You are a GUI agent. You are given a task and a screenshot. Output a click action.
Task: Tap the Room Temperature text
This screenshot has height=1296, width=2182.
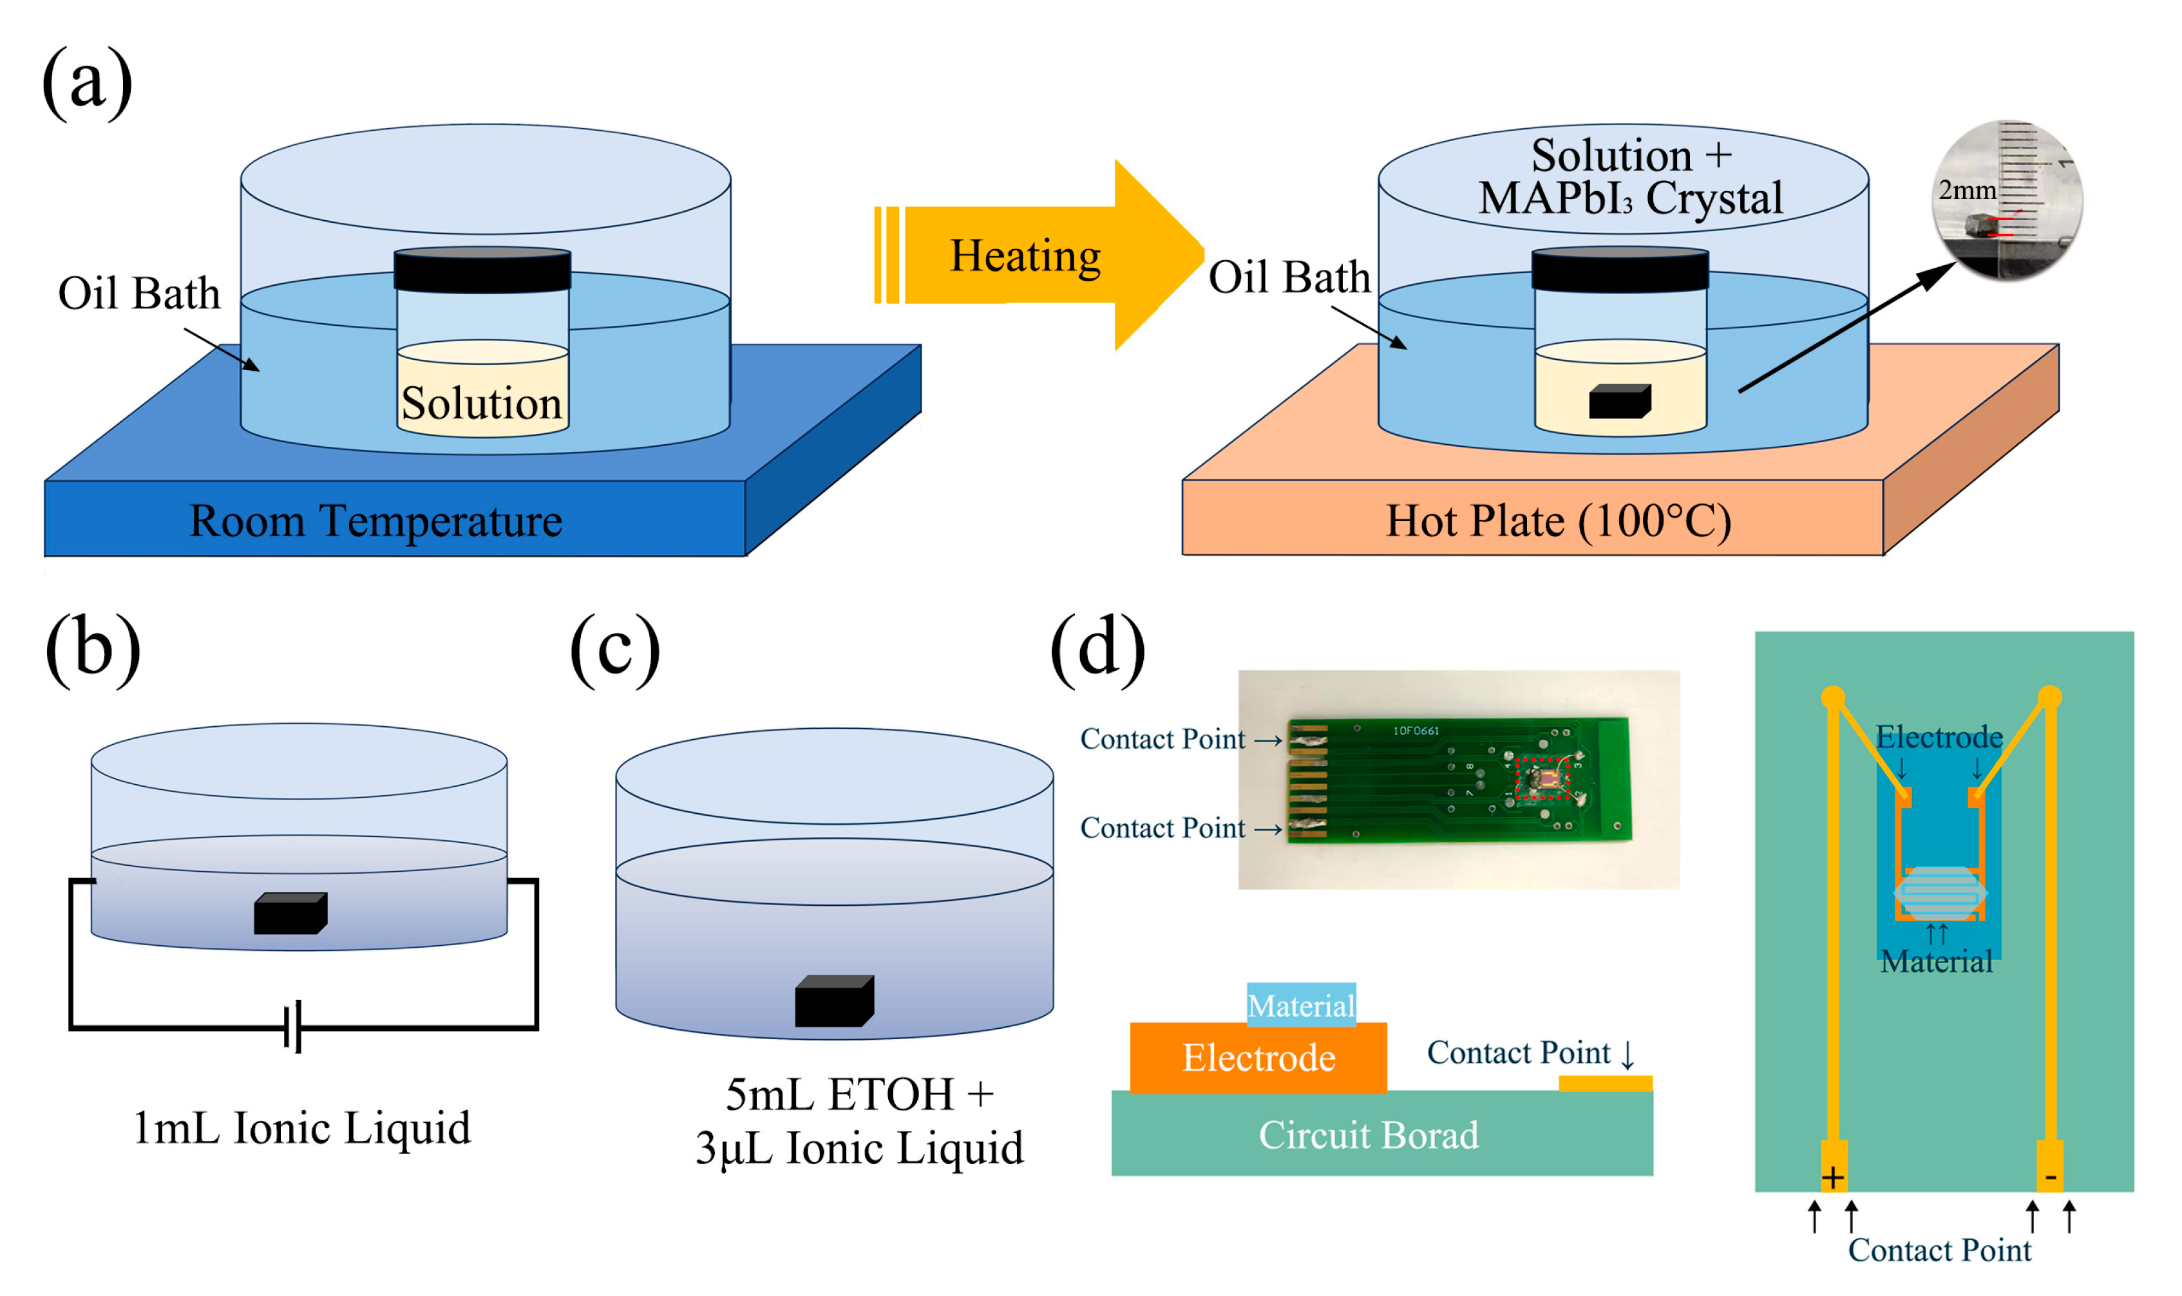pos(375,521)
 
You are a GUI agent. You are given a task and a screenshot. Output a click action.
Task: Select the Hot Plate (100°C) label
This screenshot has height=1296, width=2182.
pos(1557,521)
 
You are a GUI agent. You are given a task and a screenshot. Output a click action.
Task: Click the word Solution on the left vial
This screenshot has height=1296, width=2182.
pos(481,404)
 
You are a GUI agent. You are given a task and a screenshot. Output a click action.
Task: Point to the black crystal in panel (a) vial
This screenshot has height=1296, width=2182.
pos(1618,401)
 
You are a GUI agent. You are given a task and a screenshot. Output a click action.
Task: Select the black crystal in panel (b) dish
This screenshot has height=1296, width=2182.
pos(290,914)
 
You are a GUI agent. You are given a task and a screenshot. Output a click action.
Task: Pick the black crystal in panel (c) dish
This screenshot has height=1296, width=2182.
pos(833,1001)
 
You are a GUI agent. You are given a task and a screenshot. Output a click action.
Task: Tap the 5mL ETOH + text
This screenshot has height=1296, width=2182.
pos(860,1094)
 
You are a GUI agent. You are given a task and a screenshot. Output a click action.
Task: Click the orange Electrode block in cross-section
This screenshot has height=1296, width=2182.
pos(1257,1058)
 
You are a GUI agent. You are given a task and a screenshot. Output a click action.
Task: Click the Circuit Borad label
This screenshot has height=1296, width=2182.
pos(1368,1134)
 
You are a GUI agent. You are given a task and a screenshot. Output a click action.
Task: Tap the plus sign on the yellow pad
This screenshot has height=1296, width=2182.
pos(1832,1178)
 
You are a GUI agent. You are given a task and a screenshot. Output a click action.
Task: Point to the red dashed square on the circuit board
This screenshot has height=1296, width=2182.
pos(1542,778)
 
